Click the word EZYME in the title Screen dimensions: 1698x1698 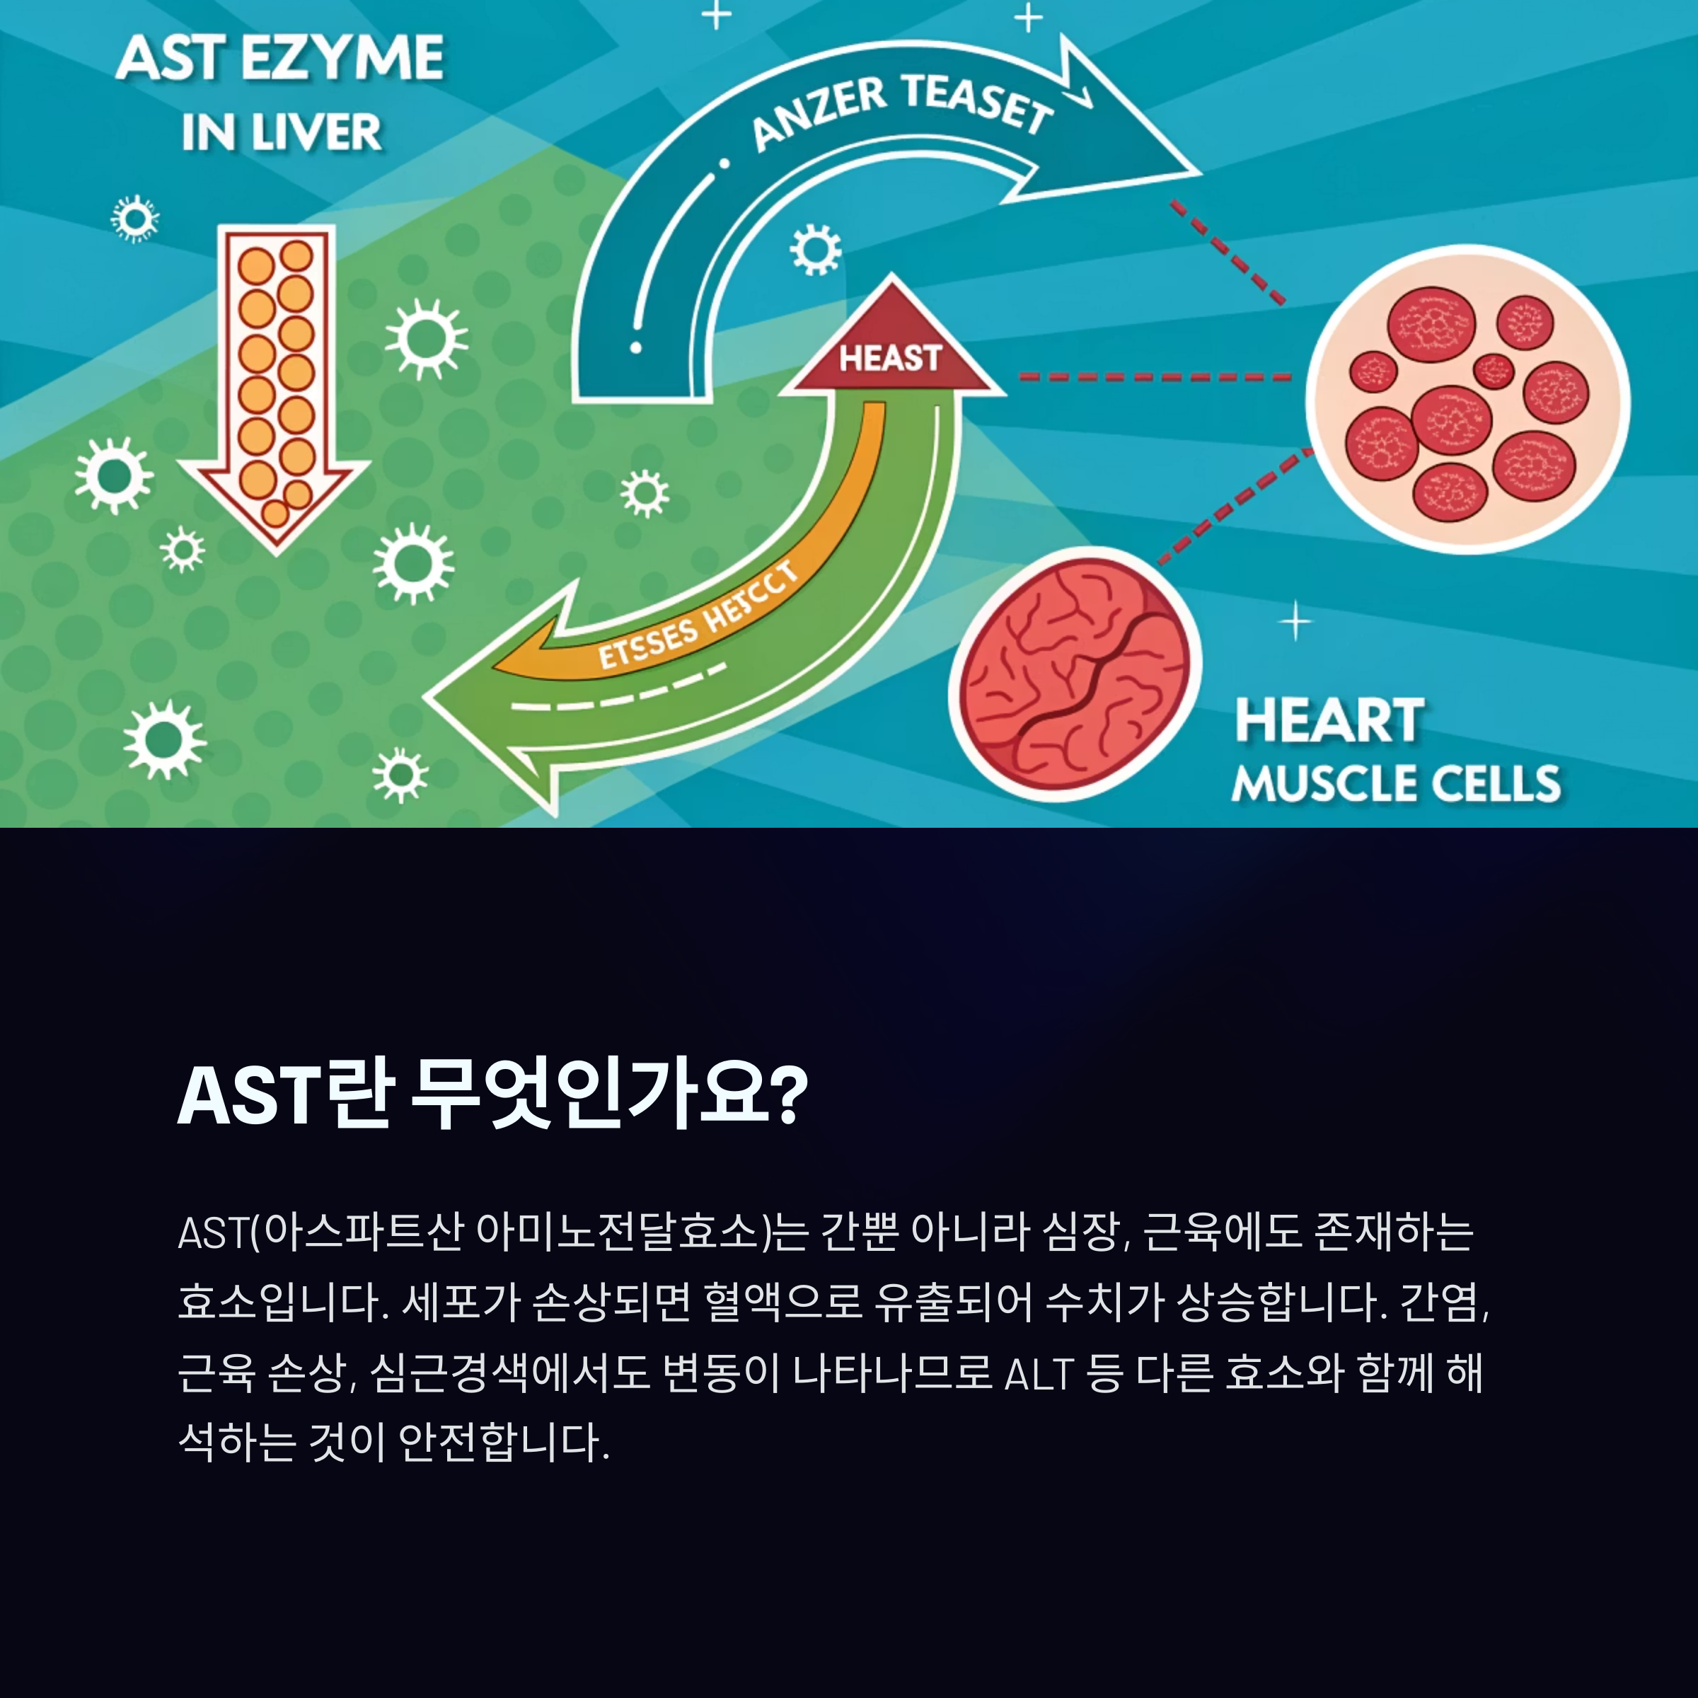click(x=342, y=59)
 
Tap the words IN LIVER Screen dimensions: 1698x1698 click(x=282, y=134)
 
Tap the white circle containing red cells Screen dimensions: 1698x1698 click(x=1467, y=400)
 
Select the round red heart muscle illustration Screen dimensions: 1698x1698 click(x=1074, y=675)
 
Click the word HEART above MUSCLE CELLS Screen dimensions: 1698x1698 click(x=1329, y=722)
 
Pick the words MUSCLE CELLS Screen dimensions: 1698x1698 click(x=1396, y=783)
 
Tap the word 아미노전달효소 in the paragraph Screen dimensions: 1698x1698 click(x=616, y=1232)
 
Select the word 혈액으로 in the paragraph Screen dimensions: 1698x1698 click(x=783, y=1303)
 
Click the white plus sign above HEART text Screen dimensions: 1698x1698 click(x=1295, y=623)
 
